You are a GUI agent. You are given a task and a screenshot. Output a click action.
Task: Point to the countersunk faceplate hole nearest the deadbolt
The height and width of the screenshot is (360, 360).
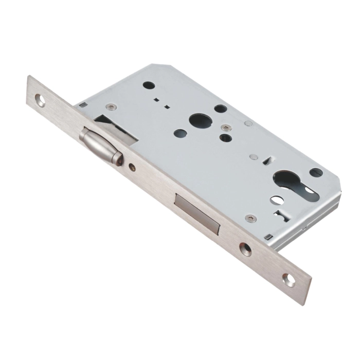[x=245, y=249]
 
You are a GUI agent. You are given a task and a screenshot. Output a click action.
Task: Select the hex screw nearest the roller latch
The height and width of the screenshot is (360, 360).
[x=110, y=107]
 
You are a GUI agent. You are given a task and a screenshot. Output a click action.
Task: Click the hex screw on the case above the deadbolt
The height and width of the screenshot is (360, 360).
[x=250, y=219]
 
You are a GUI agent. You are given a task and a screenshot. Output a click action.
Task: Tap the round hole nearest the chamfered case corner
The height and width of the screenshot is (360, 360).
[x=148, y=85]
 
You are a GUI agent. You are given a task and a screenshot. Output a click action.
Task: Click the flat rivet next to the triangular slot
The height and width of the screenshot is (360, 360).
[x=253, y=157]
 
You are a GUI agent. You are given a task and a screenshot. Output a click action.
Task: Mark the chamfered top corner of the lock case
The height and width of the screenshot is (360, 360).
[x=159, y=66]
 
